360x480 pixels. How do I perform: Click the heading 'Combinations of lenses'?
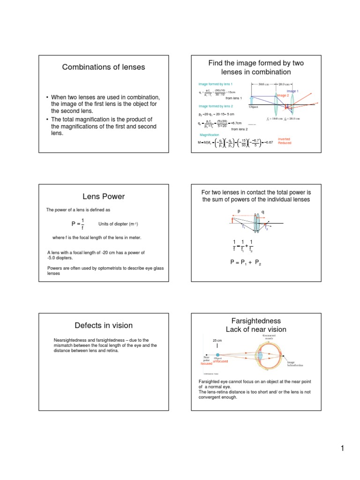pyautogui.click(x=104, y=67)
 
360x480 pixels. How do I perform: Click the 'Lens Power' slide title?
pyautogui.click(x=104, y=196)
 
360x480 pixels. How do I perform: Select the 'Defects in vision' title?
pyautogui.click(x=104, y=325)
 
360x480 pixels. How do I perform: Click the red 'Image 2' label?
pyautogui.click(x=283, y=95)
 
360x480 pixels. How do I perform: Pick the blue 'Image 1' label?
pyautogui.click(x=292, y=91)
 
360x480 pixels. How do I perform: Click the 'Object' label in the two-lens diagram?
pyautogui.click(x=254, y=107)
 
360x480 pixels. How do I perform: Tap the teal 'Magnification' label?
pyautogui.click(x=209, y=135)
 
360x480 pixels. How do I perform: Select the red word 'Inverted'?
pyautogui.click(x=284, y=139)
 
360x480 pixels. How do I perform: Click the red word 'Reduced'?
pyautogui.click(x=284, y=143)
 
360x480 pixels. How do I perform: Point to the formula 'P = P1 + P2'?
pyautogui.click(x=246, y=264)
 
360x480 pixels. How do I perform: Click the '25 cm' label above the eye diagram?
pyautogui.click(x=217, y=340)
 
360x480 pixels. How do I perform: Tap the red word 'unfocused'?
pyautogui.click(x=220, y=361)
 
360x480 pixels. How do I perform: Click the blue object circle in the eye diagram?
pyautogui.click(x=218, y=355)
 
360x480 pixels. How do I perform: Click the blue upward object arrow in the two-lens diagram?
pyautogui.click(x=252, y=99)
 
